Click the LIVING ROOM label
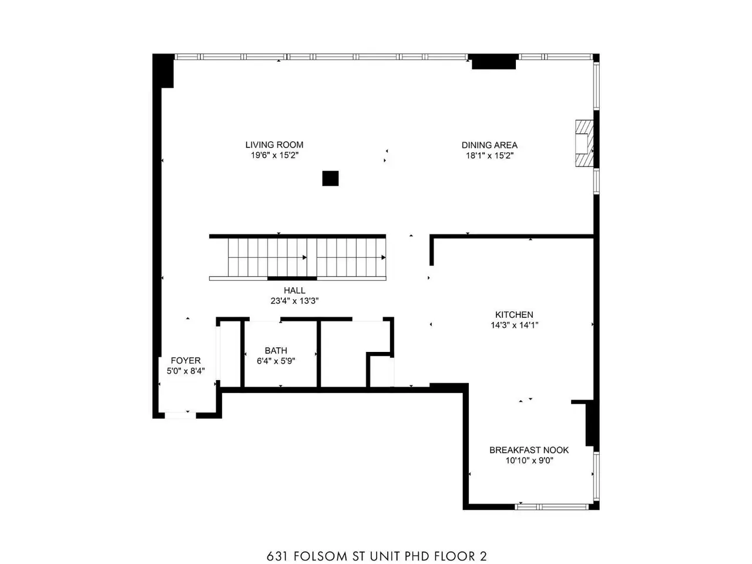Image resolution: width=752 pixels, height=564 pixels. click(274, 145)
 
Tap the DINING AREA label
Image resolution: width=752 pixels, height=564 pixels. click(489, 145)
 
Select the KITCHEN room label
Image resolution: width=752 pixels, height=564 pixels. click(514, 314)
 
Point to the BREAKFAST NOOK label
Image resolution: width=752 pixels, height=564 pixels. click(529, 449)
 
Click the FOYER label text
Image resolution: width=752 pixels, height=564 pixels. click(186, 360)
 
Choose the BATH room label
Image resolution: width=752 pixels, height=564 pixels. click(276, 350)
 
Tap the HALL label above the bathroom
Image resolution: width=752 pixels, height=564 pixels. click(294, 290)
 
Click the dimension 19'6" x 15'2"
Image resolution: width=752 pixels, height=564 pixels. click(274, 155)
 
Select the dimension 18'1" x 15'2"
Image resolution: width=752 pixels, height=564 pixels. click(489, 156)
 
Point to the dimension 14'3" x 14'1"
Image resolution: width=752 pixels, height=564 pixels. click(514, 325)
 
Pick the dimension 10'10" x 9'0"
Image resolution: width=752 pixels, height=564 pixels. click(529, 460)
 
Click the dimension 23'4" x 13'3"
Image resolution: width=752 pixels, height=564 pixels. click(294, 301)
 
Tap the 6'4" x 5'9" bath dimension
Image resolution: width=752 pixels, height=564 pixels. click(276, 361)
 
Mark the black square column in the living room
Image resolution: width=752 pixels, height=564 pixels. click(330, 179)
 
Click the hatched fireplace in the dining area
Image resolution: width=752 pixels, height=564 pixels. click(584, 143)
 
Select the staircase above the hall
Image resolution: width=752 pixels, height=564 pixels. click(297, 257)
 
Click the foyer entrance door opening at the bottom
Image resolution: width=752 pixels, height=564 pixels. click(180, 415)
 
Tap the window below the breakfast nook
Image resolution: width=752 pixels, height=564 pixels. click(552, 506)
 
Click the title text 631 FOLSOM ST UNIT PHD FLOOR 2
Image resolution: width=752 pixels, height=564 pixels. click(377, 546)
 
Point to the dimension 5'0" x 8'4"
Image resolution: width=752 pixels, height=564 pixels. click(186, 371)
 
